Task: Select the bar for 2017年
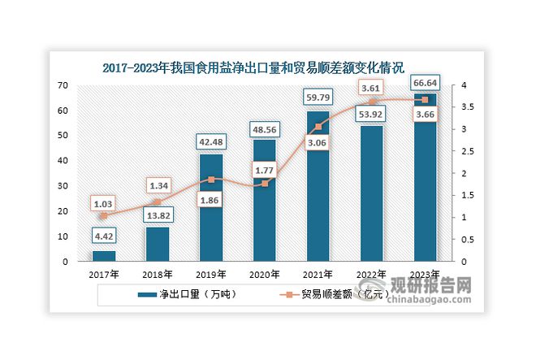(104, 256)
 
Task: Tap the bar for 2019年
(211, 208)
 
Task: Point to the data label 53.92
(372, 114)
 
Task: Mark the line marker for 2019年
(211, 180)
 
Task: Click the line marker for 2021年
(318, 127)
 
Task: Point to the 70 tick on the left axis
(62, 85)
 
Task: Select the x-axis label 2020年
(265, 275)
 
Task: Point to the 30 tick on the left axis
(62, 186)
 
